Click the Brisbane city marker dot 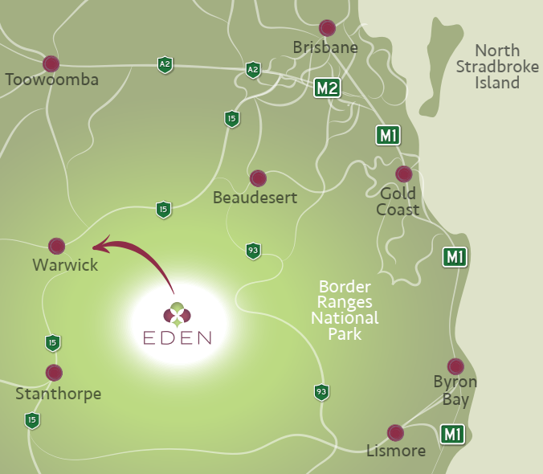(x=327, y=28)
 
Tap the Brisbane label (x=325, y=47)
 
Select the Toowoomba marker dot (x=51, y=63)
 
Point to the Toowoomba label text (x=52, y=80)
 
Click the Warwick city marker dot (x=56, y=245)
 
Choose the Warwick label (x=65, y=264)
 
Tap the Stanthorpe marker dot (x=54, y=373)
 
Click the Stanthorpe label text (x=59, y=394)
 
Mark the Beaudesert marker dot (x=258, y=178)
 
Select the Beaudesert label (x=255, y=197)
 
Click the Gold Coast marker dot (x=404, y=174)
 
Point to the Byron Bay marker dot (x=455, y=366)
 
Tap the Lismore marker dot (x=395, y=433)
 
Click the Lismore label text (x=395, y=451)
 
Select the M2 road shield (x=327, y=88)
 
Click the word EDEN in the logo (x=177, y=337)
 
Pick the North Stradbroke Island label (x=498, y=66)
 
